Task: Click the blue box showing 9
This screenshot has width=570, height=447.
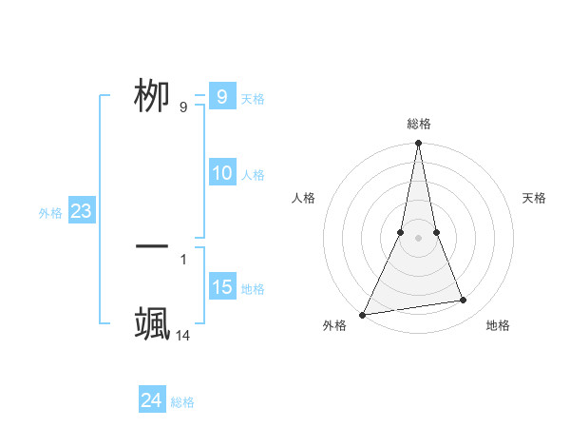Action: (x=222, y=97)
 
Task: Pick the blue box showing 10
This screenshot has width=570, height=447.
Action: (x=222, y=173)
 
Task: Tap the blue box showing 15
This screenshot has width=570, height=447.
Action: (x=222, y=287)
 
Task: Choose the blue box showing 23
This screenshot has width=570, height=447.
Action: (x=81, y=211)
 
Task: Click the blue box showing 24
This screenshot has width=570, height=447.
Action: (x=152, y=400)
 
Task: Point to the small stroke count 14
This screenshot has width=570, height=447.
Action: (x=183, y=335)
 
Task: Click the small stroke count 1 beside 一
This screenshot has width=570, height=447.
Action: (x=183, y=259)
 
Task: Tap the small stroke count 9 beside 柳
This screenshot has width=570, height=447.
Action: (x=183, y=107)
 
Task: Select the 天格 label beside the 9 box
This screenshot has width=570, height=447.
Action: (x=253, y=99)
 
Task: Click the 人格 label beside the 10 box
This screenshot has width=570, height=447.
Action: (x=253, y=175)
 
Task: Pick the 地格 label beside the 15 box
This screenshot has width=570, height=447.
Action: (x=253, y=289)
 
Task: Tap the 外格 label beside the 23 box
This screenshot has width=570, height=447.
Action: (x=50, y=213)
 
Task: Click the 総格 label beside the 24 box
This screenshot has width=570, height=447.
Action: (x=182, y=402)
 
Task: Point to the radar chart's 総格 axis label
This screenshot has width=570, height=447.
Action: (x=418, y=124)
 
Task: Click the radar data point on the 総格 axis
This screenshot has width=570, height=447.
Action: (x=418, y=145)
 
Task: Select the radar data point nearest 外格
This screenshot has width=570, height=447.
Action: (x=363, y=314)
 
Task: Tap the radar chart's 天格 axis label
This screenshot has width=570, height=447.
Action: (x=534, y=198)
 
